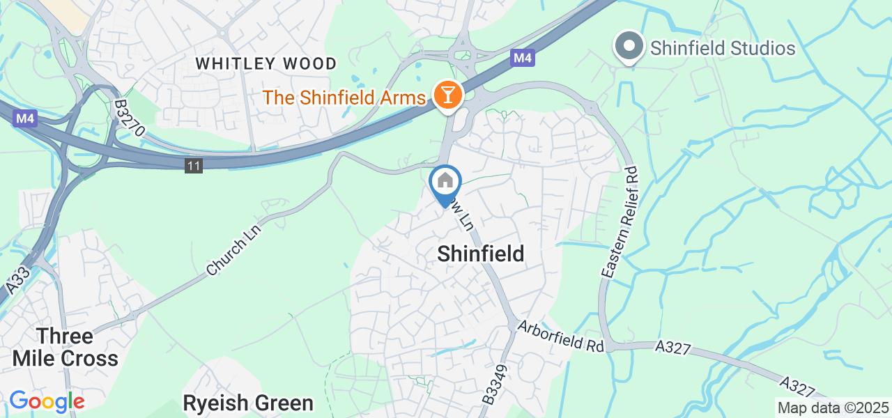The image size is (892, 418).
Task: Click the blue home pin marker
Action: click(x=445, y=183)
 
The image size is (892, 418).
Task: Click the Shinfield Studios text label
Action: click(x=723, y=48)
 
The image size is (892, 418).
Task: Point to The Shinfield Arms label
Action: click(x=344, y=98)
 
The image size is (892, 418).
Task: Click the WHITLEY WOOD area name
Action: click(x=266, y=63)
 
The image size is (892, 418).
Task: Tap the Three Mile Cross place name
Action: click(x=66, y=347)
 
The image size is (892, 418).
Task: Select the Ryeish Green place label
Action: click(x=247, y=403)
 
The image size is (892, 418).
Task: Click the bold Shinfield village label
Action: click(x=480, y=254)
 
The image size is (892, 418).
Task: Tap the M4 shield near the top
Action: click(x=522, y=59)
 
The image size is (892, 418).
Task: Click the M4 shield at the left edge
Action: click(x=25, y=119)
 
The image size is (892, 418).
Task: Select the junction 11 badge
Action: click(x=194, y=166)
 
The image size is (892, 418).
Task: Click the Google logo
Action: click(x=46, y=401)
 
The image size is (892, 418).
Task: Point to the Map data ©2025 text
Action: click(x=833, y=408)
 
